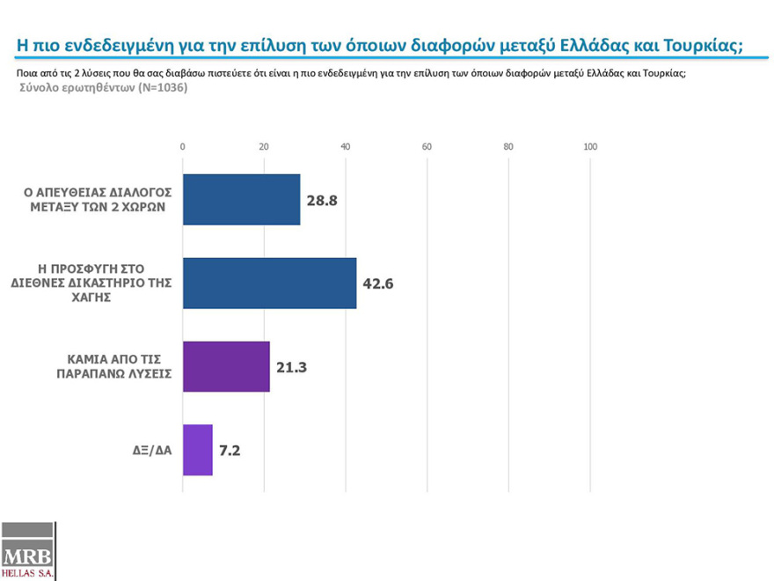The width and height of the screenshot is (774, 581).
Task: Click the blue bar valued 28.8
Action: [x=241, y=199]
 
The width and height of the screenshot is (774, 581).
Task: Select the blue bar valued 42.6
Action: [x=269, y=283]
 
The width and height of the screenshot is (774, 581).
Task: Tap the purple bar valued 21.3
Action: [x=225, y=366]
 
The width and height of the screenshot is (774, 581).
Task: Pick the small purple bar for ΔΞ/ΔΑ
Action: [x=197, y=450]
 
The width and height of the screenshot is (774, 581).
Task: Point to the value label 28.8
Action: [x=322, y=200]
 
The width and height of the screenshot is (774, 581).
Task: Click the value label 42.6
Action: [x=378, y=283]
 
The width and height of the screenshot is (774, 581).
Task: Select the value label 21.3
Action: [x=291, y=366]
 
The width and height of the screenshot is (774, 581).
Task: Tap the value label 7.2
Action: [x=230, y=450]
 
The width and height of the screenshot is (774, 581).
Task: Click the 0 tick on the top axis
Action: [x=182, y=146]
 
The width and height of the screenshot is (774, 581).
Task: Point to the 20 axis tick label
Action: [x=264, y=146]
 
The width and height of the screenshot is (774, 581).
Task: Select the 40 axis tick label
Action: [x=346, y=146]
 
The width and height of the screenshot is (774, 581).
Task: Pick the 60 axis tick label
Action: [x=427, y=146]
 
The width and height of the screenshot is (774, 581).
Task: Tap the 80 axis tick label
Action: [x=508, y=146]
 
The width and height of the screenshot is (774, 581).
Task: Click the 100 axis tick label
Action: [x=590, y=146]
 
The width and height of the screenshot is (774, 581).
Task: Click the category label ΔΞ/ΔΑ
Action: [x=146, y=451]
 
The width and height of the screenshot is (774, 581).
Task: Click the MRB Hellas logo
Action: [x=28, y=553]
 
